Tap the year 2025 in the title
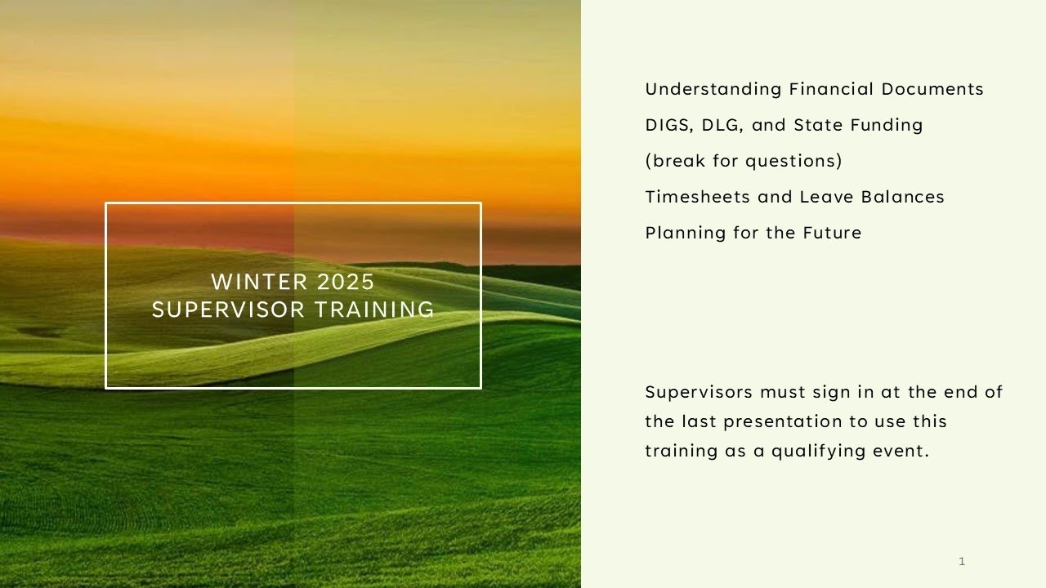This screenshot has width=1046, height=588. coord(345,282)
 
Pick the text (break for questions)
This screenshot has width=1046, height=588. coord(744,161)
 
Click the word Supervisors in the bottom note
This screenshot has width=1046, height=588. coord(699,392)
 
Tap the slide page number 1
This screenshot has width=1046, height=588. coord(962,561)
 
